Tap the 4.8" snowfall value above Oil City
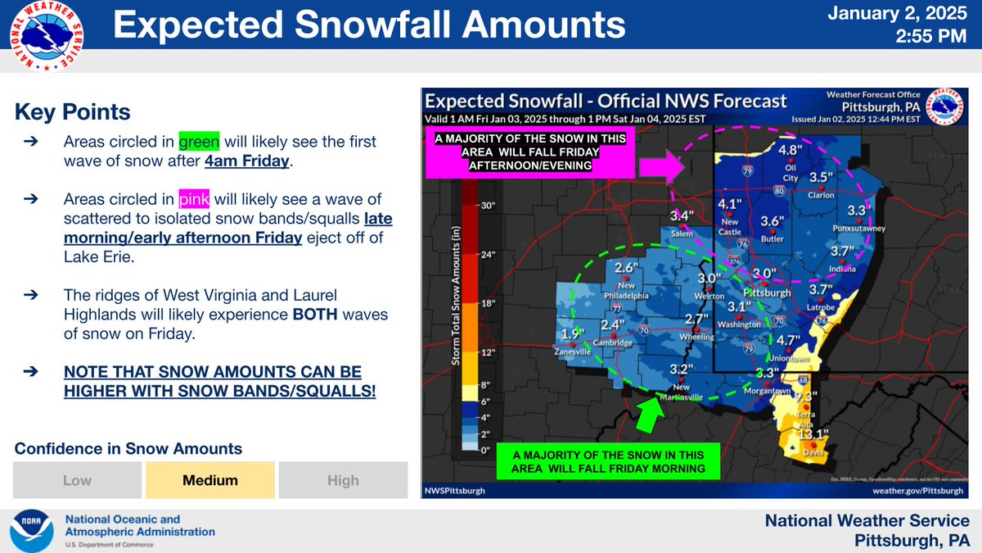click(x=789, y=150)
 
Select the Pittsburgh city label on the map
click(x=767, y=292)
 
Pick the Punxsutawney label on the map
click(x=861, y=229)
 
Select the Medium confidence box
click(x=210, y=480)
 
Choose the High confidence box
click(x=343, y=480)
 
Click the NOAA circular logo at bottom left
click(x=34, y=531)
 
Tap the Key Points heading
click(x=73, y=111)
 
